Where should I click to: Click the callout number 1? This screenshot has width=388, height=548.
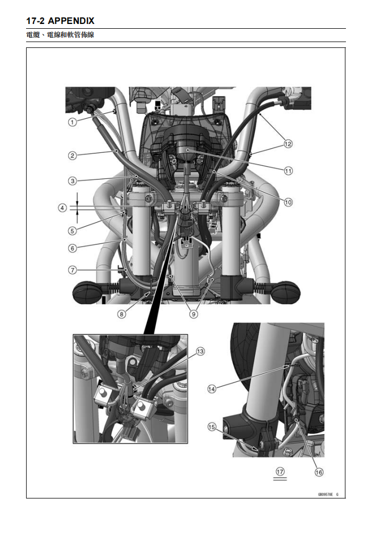[71, 122]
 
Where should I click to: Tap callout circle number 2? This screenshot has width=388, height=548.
[71, 156]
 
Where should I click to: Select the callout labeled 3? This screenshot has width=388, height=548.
[71, 181]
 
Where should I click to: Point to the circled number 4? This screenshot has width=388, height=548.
[63, 208]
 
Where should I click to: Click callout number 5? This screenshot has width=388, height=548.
[71, 230]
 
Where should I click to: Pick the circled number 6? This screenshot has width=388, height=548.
[71, 248]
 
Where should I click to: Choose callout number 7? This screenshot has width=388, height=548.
[71, 270]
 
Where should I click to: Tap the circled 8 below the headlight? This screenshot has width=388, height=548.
[122, 314]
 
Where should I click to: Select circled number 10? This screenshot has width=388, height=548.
[288, 202]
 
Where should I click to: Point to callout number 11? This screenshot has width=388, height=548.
[288, 171]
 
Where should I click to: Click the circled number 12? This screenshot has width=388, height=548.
[288, 143]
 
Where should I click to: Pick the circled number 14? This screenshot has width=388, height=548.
[212, 389]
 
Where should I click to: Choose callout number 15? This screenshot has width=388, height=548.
[212, 427]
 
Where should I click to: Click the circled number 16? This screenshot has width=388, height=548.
[319, 471]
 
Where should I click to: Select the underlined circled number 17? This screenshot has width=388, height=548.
[280, 471]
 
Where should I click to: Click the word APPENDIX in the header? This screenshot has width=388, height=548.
[71, 21]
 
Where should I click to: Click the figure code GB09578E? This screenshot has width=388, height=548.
[326, 494]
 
